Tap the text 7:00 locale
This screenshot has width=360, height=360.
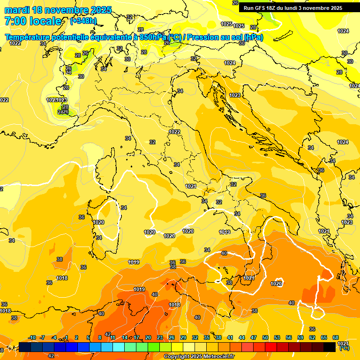(33, 21)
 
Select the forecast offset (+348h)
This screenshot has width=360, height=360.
(83, 21)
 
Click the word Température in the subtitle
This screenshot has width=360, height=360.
(27, 37)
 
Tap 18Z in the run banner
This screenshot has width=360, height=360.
(274, 8)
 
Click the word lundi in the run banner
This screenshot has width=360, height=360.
(299, 8)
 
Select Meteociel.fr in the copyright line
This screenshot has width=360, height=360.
(218, 357)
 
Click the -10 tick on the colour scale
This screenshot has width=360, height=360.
(32, 337)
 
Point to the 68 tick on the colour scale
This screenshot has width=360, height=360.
(336, 337)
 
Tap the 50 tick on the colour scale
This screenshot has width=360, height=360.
(265, 337)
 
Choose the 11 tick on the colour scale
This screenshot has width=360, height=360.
(113, 337)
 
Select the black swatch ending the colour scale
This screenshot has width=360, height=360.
(330, 347)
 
